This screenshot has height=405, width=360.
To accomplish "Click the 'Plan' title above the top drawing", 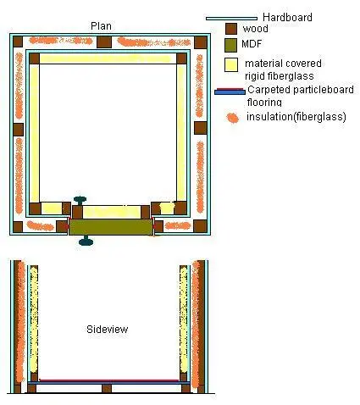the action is coord(101,26).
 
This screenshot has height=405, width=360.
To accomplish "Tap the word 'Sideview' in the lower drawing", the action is coord(108,329).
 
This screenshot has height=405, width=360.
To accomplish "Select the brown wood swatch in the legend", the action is coord(231,29).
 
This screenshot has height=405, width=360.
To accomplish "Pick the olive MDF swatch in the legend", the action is coord(230,45).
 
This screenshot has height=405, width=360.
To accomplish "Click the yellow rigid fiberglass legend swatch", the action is coord(231,65).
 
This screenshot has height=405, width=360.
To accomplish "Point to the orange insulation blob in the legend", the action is coord(233,118).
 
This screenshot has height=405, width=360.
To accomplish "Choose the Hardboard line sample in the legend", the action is coord(231,19).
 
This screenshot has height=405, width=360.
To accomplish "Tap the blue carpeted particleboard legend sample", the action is coord(230,92).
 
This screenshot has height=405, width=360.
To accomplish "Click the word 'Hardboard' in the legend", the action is coord(287,17).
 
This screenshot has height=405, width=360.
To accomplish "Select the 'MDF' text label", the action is coord(252,44).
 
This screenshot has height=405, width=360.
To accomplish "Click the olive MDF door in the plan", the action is coord(111,227).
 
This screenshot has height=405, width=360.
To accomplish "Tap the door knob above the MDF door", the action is coord(80,200).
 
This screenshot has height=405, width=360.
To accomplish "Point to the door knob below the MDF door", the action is coord(86,241).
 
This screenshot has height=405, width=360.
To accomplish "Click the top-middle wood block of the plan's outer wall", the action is coord(104,42).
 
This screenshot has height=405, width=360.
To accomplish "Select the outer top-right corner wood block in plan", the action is coord(201,42).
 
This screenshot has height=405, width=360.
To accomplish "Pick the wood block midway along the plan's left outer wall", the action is coord(18,130).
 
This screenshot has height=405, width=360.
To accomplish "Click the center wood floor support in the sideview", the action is coord(107,388).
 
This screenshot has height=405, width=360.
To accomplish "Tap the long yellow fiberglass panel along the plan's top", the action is coord(106,58).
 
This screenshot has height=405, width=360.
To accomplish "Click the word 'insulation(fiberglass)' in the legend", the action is coord(296,116).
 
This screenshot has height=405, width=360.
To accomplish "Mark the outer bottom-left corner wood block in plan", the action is coord(18,227).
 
